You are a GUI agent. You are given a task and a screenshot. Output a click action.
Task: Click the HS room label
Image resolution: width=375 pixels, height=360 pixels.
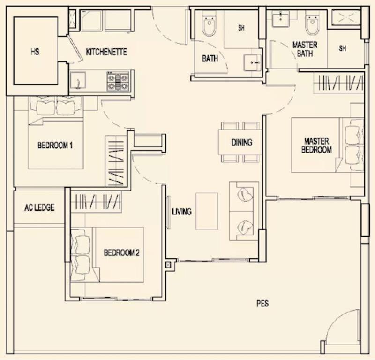click(35, 52)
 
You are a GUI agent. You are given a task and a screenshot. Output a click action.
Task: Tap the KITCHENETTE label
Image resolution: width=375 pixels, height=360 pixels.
click(106, 52)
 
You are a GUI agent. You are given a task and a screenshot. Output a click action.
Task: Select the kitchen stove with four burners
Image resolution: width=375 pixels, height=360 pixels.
click(118, 81)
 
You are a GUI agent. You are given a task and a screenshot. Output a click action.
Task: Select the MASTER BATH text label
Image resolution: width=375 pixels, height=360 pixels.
click(305, 49)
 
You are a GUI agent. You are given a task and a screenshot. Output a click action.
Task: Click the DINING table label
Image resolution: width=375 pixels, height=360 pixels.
click(242, 143)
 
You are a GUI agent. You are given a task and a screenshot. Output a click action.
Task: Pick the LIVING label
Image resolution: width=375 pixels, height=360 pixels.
click(181, 212)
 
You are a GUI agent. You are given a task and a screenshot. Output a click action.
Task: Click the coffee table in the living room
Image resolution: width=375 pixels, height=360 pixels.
click(207, 211)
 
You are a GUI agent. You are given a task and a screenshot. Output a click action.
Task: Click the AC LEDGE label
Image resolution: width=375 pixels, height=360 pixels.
click(39, 207)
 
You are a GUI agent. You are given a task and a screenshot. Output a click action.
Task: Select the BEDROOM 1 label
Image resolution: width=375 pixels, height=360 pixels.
click(55, 145)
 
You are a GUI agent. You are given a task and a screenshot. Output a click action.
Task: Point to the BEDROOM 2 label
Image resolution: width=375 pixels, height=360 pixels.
click(121, 253)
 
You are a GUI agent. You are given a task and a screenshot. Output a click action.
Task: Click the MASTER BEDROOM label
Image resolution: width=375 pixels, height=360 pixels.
click(317, 146)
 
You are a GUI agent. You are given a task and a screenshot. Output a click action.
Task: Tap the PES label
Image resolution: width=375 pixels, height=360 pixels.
click(262, 304)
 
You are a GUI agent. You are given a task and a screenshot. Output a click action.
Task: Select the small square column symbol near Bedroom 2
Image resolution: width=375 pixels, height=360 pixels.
click(168, 265)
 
